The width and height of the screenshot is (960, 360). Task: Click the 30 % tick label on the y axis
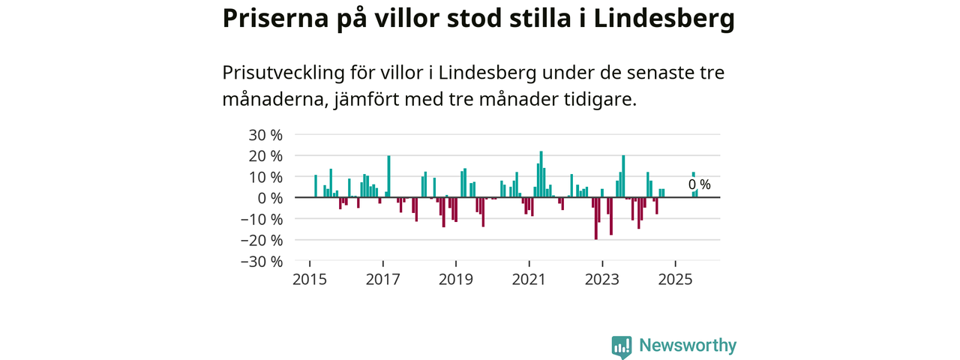pyautogui.click(x=266, y=135)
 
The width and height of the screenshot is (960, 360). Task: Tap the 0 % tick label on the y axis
pyautogui.click(x=271, y=198)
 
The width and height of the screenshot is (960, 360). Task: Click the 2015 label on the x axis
pyautogui.click(x=310, y=280)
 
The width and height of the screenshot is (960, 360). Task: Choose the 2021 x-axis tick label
pyautogui.click(x=529, y=280)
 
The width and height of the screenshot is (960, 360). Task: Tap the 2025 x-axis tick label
pyautogui.click(x=676, y=280)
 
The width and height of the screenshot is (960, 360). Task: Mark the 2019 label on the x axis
pyautogui.click(x=456, y=280)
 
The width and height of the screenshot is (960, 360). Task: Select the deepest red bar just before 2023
pyautogui.click(x=595, y=218)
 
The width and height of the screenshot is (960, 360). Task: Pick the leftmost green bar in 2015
pyautogui.click(x=316, y=186)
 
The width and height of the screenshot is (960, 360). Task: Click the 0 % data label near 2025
pyautogui.click(x=699, y=184)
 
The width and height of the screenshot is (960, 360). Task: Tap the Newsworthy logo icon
pyautogui.click(x=621, y=346)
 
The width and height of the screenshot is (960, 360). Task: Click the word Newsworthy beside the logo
pyautogui.click(x=688, y=346)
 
